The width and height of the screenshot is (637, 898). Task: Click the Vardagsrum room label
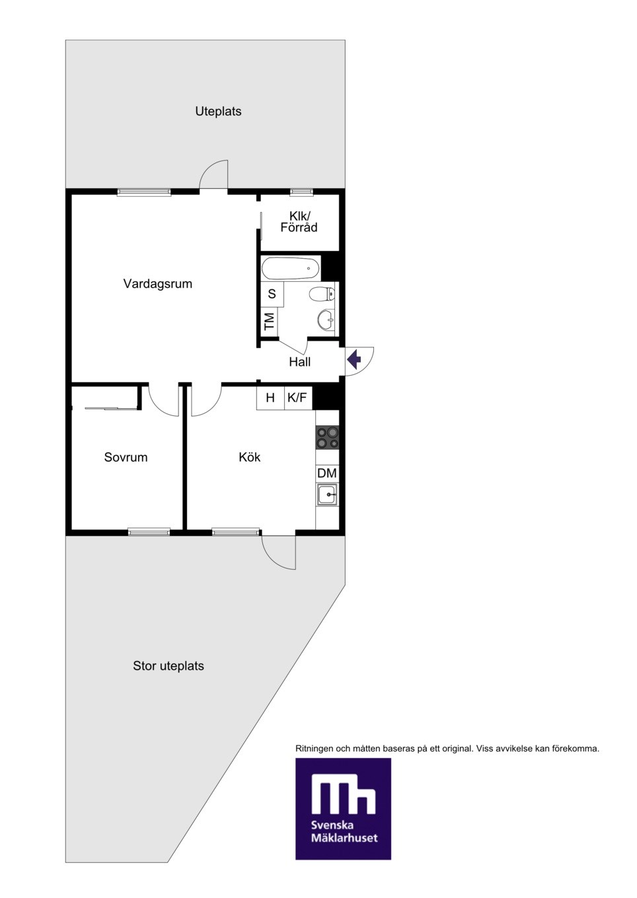[158, 284]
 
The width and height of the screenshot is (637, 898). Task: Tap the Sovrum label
[126, 457]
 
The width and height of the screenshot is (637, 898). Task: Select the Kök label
[250, 457]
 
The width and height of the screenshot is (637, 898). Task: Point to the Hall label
[299, 362]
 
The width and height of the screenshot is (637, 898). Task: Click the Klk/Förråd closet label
[299, 221]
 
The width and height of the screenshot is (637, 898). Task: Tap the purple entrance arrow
[354, 359]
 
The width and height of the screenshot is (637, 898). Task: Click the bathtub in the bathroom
[291, 268]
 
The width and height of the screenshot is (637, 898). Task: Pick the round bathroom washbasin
[326, 320]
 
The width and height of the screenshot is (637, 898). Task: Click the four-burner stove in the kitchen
[327, 437]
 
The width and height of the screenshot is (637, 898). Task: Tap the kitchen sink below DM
[327, 495]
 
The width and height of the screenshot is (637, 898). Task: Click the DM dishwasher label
[327, 473]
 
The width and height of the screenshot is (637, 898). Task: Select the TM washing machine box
[270, 322]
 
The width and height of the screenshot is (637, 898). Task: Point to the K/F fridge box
[297, 397]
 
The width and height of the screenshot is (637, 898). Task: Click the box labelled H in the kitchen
[270, 397]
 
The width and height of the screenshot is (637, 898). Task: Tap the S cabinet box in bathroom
[272, 294]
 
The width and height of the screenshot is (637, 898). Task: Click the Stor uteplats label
[169, 666]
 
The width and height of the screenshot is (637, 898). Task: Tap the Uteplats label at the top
[218, 112]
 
